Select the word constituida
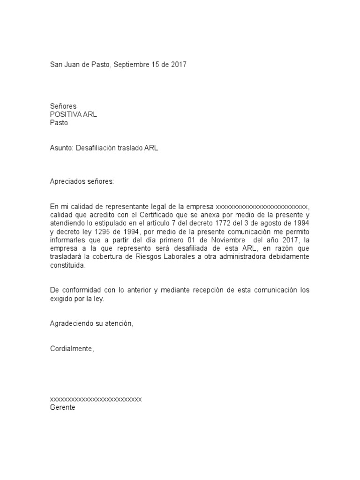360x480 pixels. [x=68, y=265]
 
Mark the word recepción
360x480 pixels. [x=203, y=290]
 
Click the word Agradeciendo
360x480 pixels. [x=72, y=323]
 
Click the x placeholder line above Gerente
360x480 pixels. [x=96, y=399]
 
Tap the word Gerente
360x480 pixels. [x=62, y=407]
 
